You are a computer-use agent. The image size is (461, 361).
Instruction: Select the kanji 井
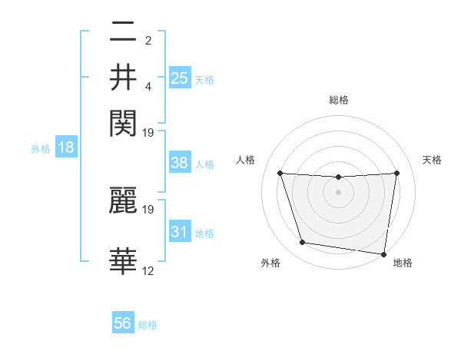click(x=123, y=78)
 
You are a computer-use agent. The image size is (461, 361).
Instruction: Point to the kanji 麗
click(x=123, y=200)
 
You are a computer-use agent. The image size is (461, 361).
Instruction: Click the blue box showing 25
click(x=180, y=78)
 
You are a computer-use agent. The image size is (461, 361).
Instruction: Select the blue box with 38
click(x=180, y=163)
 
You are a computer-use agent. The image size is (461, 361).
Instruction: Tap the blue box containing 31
click(x=180, y=233)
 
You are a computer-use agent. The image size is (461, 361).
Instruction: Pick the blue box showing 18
click(x=66, y=148)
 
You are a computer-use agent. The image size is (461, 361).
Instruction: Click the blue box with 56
click(x=123, y=323)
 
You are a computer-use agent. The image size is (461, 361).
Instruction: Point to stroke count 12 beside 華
click(x=148, y=270)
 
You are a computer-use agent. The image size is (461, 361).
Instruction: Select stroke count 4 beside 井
click(x=148, y=85)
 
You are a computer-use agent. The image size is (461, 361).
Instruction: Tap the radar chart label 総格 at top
click(x=338, y=100)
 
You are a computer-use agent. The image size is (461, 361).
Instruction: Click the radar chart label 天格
click(x=432, y=160)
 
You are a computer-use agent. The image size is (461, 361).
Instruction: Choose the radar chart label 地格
click(x=403, y=263)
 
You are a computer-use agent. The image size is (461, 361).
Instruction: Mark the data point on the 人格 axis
click(x=280, y=174)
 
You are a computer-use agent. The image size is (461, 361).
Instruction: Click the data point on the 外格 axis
click(x=303, y=243)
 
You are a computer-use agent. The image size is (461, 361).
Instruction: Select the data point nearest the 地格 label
click(x=383, y=253)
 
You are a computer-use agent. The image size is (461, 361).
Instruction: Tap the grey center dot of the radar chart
click(x=338, y=192)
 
